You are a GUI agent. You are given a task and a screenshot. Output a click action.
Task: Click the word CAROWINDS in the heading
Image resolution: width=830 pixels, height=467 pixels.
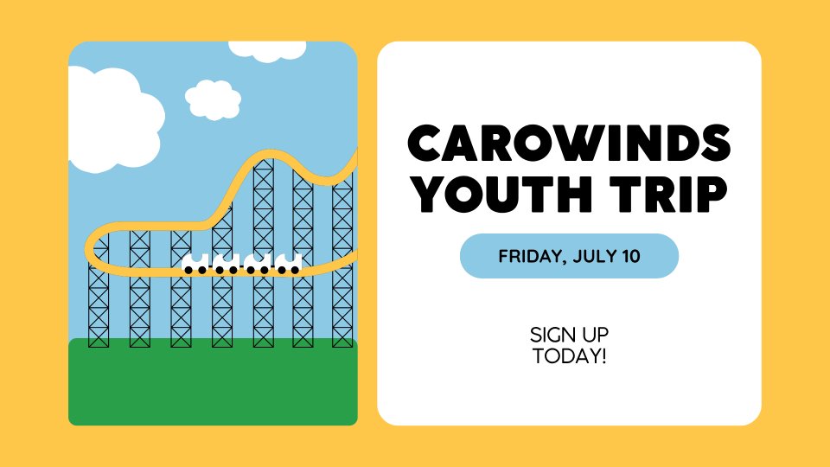coord(569,143)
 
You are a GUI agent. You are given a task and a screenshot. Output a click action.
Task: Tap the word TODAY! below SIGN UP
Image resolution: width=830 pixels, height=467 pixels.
coord(569,355)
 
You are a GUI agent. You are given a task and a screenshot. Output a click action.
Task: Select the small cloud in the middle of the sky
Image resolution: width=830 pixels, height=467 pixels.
coord(213,99)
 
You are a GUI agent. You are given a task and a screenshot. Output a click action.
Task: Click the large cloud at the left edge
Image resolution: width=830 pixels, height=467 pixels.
coord(114,119)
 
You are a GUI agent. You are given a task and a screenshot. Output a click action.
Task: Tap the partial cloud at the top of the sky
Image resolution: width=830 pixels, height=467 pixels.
coord(267,51)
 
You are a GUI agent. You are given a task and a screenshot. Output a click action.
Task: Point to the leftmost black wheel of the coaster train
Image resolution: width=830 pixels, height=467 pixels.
coord(188,270)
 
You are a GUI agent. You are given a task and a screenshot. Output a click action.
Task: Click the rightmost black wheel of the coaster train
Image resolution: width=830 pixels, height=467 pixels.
coord(296,270)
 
